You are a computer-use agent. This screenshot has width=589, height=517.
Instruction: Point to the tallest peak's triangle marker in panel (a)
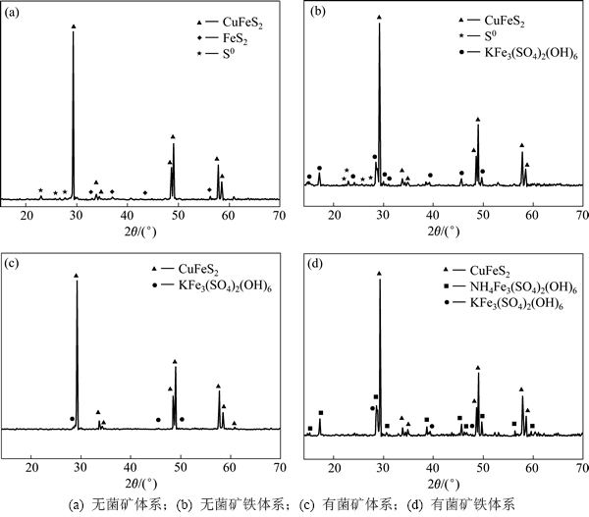[74, 26]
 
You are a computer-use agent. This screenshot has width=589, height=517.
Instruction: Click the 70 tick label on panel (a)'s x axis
[279, 213]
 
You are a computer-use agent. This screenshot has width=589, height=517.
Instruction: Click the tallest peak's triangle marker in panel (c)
[77, 277]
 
